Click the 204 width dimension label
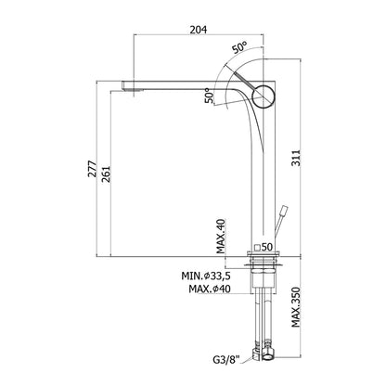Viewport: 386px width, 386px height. pyautogui.click(x=198, y=30)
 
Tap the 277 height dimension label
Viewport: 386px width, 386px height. pyautogui.click(x=92, y=169)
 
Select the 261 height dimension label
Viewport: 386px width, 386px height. pyautogui.click(x=106, y=174)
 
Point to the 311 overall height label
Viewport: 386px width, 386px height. pyautogui.click(x=296, y=158)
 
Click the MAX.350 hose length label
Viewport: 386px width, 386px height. pyautogui.click(x=296, y=307)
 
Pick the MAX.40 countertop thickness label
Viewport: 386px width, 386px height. pyautogui.click(x=221, y=236)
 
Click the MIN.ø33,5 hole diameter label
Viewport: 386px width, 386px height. pyautogui.click(x=206, y=275)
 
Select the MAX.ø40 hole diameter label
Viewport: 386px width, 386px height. pyautogui.click(x=210, y=289)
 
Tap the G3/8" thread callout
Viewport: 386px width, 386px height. pyautogui.click(x=226, y=360)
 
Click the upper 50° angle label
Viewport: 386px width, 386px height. pyautogui.click(x=240, y=47)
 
